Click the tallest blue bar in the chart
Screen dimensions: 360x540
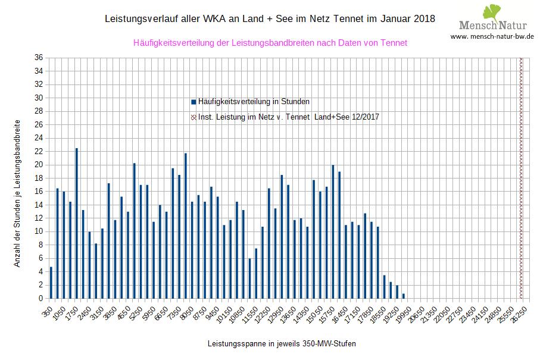[77, 223]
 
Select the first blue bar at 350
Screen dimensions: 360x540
[51, 283]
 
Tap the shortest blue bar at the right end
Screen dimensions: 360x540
[404, 296]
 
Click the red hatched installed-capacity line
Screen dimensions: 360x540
[521, 179]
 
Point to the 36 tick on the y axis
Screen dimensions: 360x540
[39, 58]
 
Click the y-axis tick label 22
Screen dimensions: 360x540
[39, 152]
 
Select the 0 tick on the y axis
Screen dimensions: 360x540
[40, 299]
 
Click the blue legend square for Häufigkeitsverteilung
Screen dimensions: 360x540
[193, 102]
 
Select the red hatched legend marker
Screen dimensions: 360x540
[193, 117]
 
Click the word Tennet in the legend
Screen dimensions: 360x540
[298, 117]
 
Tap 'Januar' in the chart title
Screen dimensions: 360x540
[396, 19]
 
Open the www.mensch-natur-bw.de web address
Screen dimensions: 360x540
[492, 37]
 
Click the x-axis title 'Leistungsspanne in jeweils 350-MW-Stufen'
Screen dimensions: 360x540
[282, 344]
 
